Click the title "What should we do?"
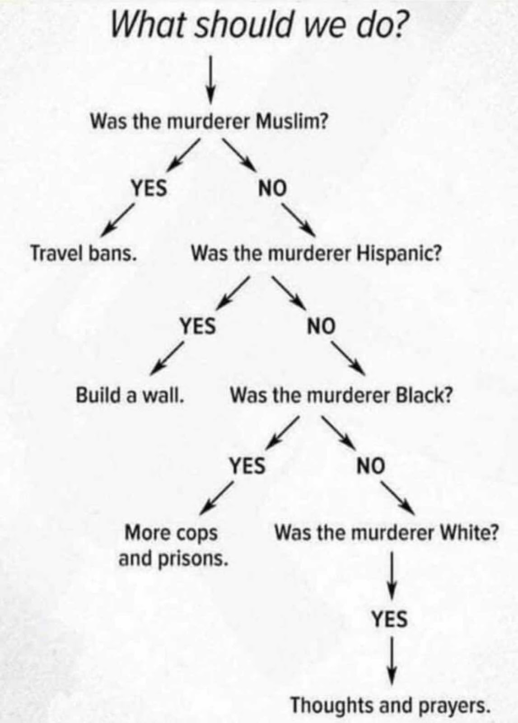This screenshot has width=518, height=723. pyautogui.click(x=258, y=25)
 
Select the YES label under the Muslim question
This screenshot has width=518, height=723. pyautogui.click(x=149, y=188)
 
